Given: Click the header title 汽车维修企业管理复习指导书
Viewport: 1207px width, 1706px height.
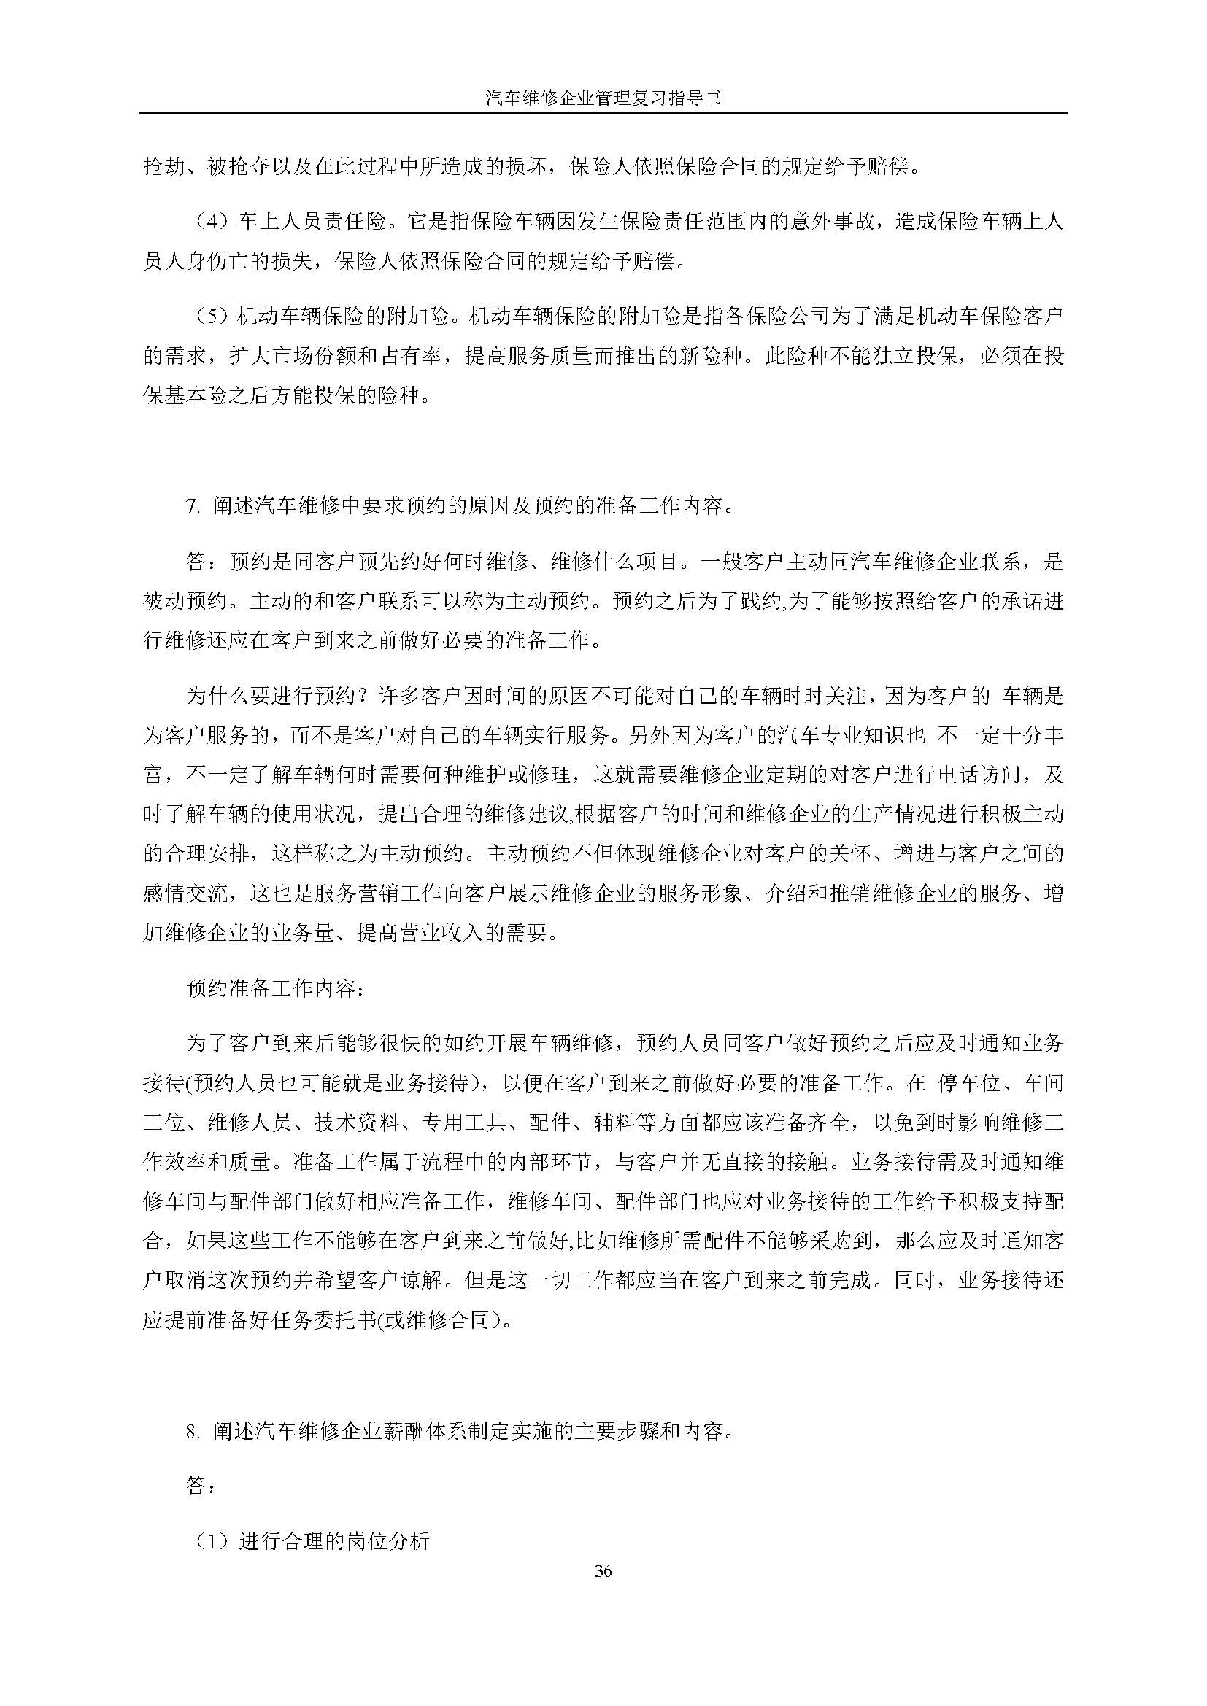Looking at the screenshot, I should [603, 97].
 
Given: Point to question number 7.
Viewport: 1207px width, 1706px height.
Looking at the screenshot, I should [193, 507].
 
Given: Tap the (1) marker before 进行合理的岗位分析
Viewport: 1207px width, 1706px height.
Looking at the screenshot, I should [212, 1541].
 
